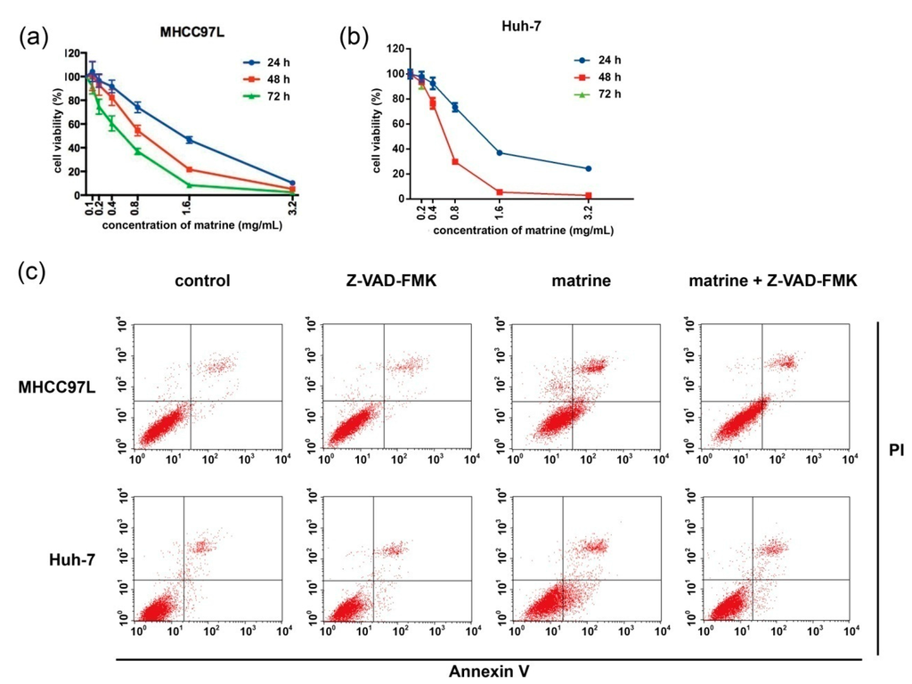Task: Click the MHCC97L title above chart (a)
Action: tap(192, 33)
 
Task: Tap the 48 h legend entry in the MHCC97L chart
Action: tap(265, 79)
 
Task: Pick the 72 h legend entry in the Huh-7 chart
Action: tap(598, 94)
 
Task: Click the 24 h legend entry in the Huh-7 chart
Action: tap(598, 60)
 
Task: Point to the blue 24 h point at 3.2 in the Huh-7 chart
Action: tap(588, 168)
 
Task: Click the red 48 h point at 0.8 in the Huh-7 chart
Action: tap(455, 162)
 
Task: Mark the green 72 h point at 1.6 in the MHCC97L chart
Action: tap(189, 185)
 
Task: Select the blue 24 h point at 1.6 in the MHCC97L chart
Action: tap(189, 140)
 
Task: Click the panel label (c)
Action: tap(32, 271)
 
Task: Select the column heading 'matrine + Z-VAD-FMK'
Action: tap(773, 281)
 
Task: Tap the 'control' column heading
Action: tap(202, 281)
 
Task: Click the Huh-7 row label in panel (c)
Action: tap(72, 559)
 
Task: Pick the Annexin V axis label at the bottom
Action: tap(489, 672)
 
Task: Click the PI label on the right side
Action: tap(896, 450)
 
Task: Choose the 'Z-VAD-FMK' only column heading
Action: tap(392, 281)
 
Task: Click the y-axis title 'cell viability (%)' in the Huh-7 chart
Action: tap(377, 130)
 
